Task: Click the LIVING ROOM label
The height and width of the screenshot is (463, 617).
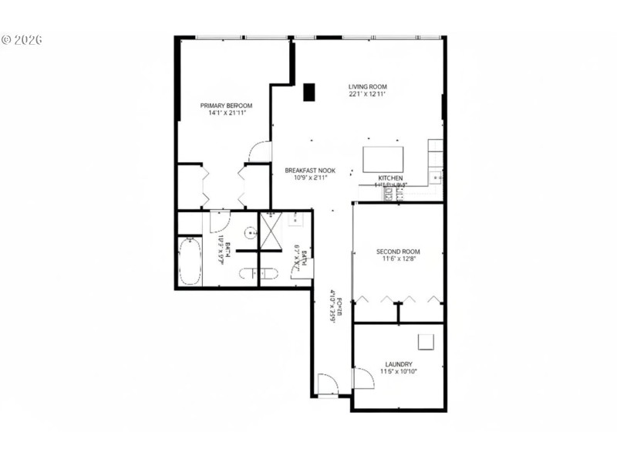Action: (x=367, y=86)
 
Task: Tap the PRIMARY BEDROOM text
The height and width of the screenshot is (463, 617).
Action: (x=226, y=106)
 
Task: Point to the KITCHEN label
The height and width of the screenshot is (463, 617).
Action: (x=390, y=177)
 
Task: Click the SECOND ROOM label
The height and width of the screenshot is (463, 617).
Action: (x=398, y=252)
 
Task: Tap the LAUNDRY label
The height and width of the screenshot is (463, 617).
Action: (x=398, y=364)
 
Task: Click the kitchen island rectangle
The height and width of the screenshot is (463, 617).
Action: (x=383, y=159)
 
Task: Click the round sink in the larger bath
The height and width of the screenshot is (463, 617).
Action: (x=249, y=232)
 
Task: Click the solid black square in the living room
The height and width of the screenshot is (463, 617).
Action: (x=309, y=92)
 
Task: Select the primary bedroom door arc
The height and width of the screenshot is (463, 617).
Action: (x=259, y=151)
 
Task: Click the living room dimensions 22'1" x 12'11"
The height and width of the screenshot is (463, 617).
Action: (x=367, y=95)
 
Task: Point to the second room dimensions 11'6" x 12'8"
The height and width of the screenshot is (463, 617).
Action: (x=398, y=260)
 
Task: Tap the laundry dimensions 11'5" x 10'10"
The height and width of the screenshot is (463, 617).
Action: (x=398, y=372)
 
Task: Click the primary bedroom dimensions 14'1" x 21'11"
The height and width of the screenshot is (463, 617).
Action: (x=226, y=113)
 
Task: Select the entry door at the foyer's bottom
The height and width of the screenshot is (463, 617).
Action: (x=326, y=384)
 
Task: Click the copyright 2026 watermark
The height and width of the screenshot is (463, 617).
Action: (x=22, y=39)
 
